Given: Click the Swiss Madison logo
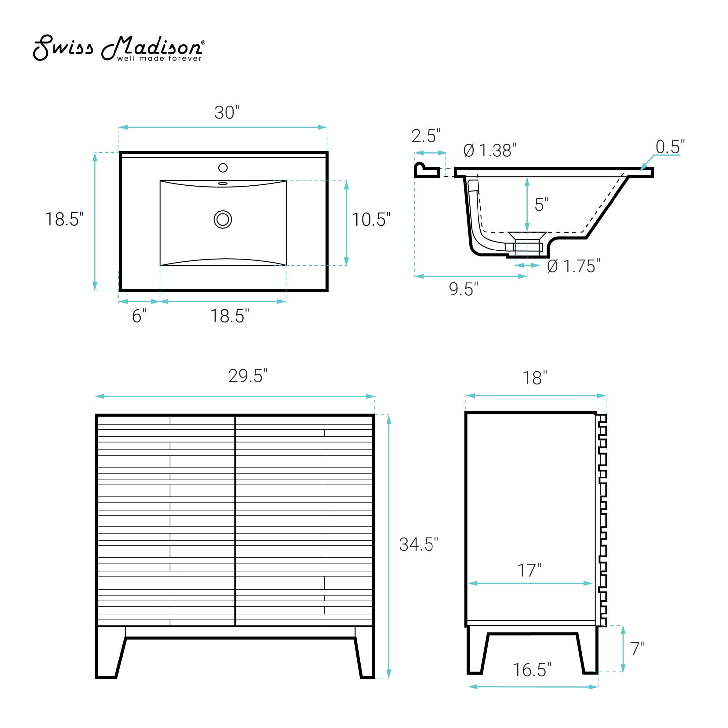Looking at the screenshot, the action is pyautogui.click(x=119, y=48).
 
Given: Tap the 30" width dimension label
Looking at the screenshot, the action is pyautogui.click(x=227, y=112).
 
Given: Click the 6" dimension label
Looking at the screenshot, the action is pyautogui.click(x=139, y=316).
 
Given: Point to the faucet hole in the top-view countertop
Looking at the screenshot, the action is pyautogui.click(x=223, y=168).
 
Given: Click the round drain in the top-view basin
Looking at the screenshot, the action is pyautogui.click(x=223, y=220).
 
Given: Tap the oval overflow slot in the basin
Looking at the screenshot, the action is pyautogui.click(x=223, y=184).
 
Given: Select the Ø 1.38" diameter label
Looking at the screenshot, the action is pyautogui.click(x=489, y=150).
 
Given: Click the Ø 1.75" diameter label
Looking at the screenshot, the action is pyautogui.click(x=573, y=266).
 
